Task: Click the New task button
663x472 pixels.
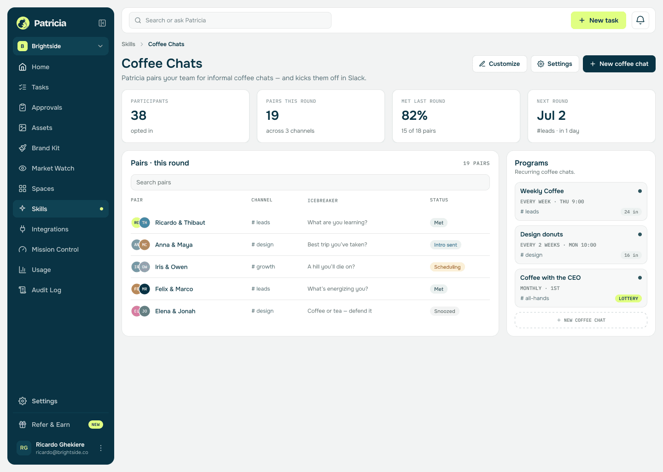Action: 598,20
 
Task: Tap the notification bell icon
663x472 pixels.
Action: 640,20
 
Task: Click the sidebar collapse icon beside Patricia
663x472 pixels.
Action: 102,23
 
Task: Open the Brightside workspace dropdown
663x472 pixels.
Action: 61,46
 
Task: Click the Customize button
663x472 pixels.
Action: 500,64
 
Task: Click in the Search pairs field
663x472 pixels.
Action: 310,182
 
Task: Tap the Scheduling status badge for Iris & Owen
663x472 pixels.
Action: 447,267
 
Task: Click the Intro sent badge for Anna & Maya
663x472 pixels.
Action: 446,245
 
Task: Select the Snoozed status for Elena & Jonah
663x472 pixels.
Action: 445,311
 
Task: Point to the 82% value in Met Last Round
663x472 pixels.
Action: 414,115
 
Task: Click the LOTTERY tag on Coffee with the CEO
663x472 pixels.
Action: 628,298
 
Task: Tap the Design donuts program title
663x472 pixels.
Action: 541,234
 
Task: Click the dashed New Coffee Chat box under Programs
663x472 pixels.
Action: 581,320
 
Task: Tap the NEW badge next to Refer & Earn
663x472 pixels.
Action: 96,425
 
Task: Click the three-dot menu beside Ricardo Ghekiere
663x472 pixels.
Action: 101,448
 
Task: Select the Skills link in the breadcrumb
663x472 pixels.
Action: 128,44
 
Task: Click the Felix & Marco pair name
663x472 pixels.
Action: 174,289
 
